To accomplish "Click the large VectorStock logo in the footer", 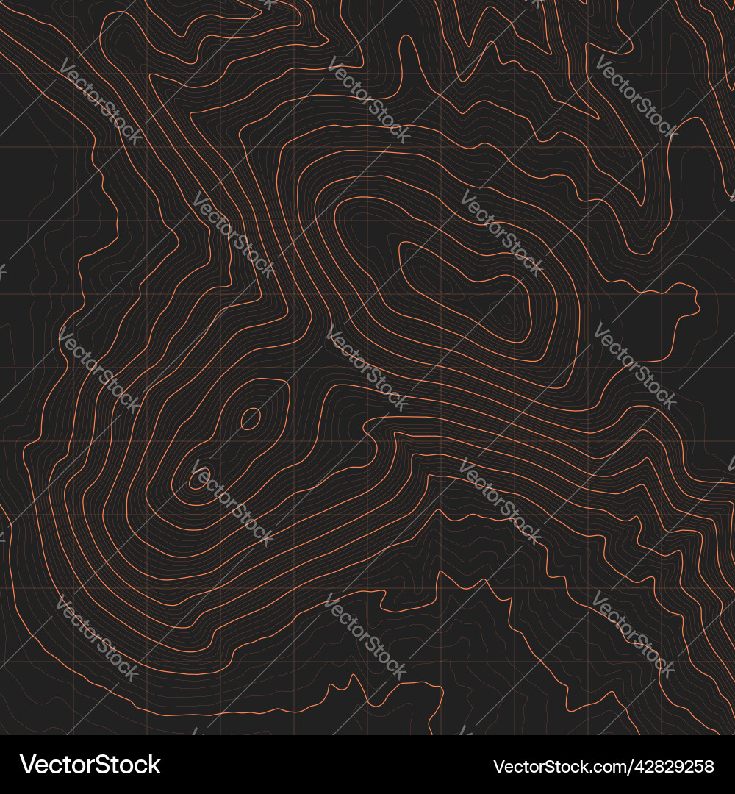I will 90,765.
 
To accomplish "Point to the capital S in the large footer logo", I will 98,765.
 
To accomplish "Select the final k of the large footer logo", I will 154,765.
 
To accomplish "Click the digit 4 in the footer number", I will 631,767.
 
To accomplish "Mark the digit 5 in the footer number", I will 698,767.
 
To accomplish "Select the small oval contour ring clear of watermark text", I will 251,419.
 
